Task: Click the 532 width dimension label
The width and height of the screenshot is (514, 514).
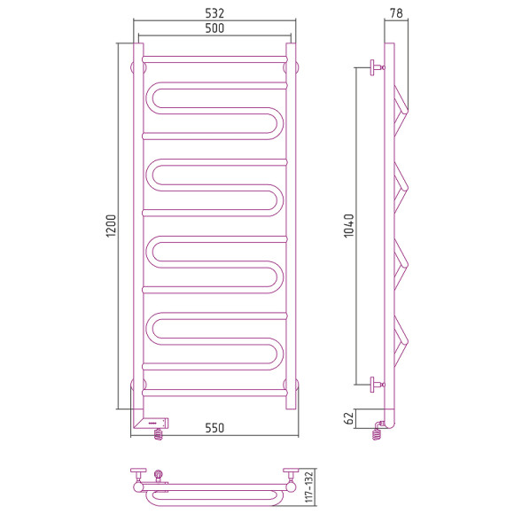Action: click(214, 12)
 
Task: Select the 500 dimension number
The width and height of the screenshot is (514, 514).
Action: click(214, 28)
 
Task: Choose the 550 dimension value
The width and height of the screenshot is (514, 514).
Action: click(214, 428)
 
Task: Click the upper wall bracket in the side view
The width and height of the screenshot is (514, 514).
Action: click(377, 66)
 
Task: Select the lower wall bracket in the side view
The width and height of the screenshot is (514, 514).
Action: click(377, 384)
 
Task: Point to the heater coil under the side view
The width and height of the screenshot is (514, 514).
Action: click(380, 431)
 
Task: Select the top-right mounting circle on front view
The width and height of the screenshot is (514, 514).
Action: click(292, 66)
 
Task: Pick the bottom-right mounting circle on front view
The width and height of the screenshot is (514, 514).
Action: click(292, 385)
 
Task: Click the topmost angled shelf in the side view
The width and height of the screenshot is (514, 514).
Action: click(401, 103)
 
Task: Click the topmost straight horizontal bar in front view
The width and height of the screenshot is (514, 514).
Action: click(214, 59)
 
